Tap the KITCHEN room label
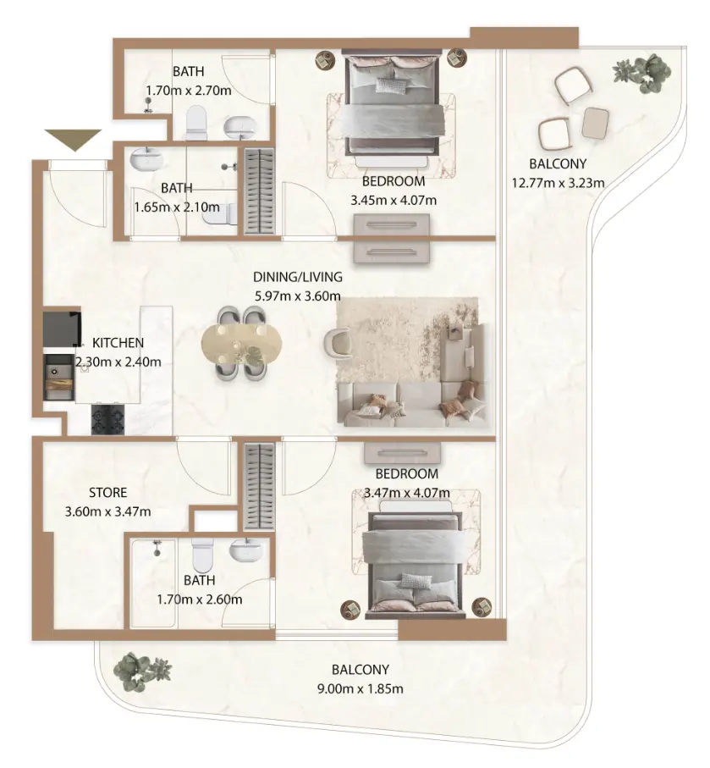coord(118,343)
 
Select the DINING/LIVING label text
coord(297,277)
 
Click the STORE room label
coord(107,492)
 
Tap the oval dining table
coord(238,345)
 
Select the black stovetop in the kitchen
coord(107,417)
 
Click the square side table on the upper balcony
coord(596,123)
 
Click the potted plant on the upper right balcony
coord(642,73)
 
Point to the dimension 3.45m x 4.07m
coord(394,202)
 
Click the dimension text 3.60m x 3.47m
coord(107,511)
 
